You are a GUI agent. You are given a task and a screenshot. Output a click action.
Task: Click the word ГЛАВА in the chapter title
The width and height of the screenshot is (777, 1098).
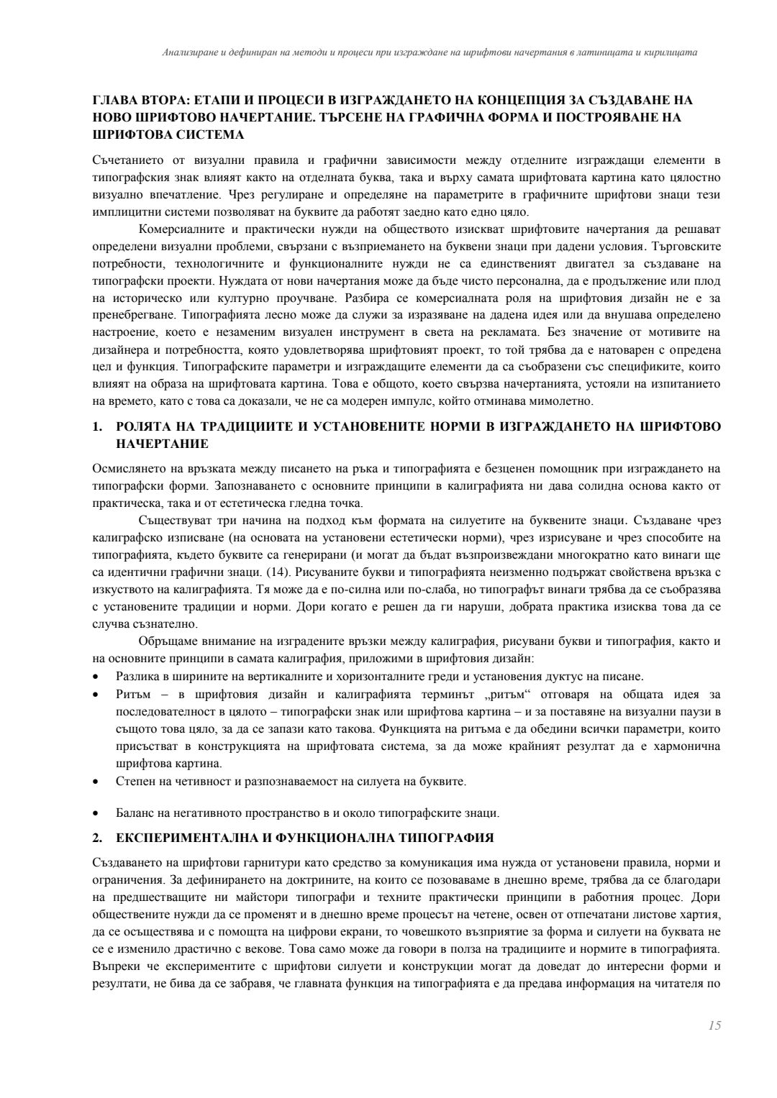113,101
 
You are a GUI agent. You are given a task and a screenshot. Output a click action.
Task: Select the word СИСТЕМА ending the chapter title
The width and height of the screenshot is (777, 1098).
207,134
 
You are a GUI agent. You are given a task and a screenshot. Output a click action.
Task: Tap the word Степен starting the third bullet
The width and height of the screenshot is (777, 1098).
134,781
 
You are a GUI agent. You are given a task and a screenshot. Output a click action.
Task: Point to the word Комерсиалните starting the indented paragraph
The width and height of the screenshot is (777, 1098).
179,229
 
